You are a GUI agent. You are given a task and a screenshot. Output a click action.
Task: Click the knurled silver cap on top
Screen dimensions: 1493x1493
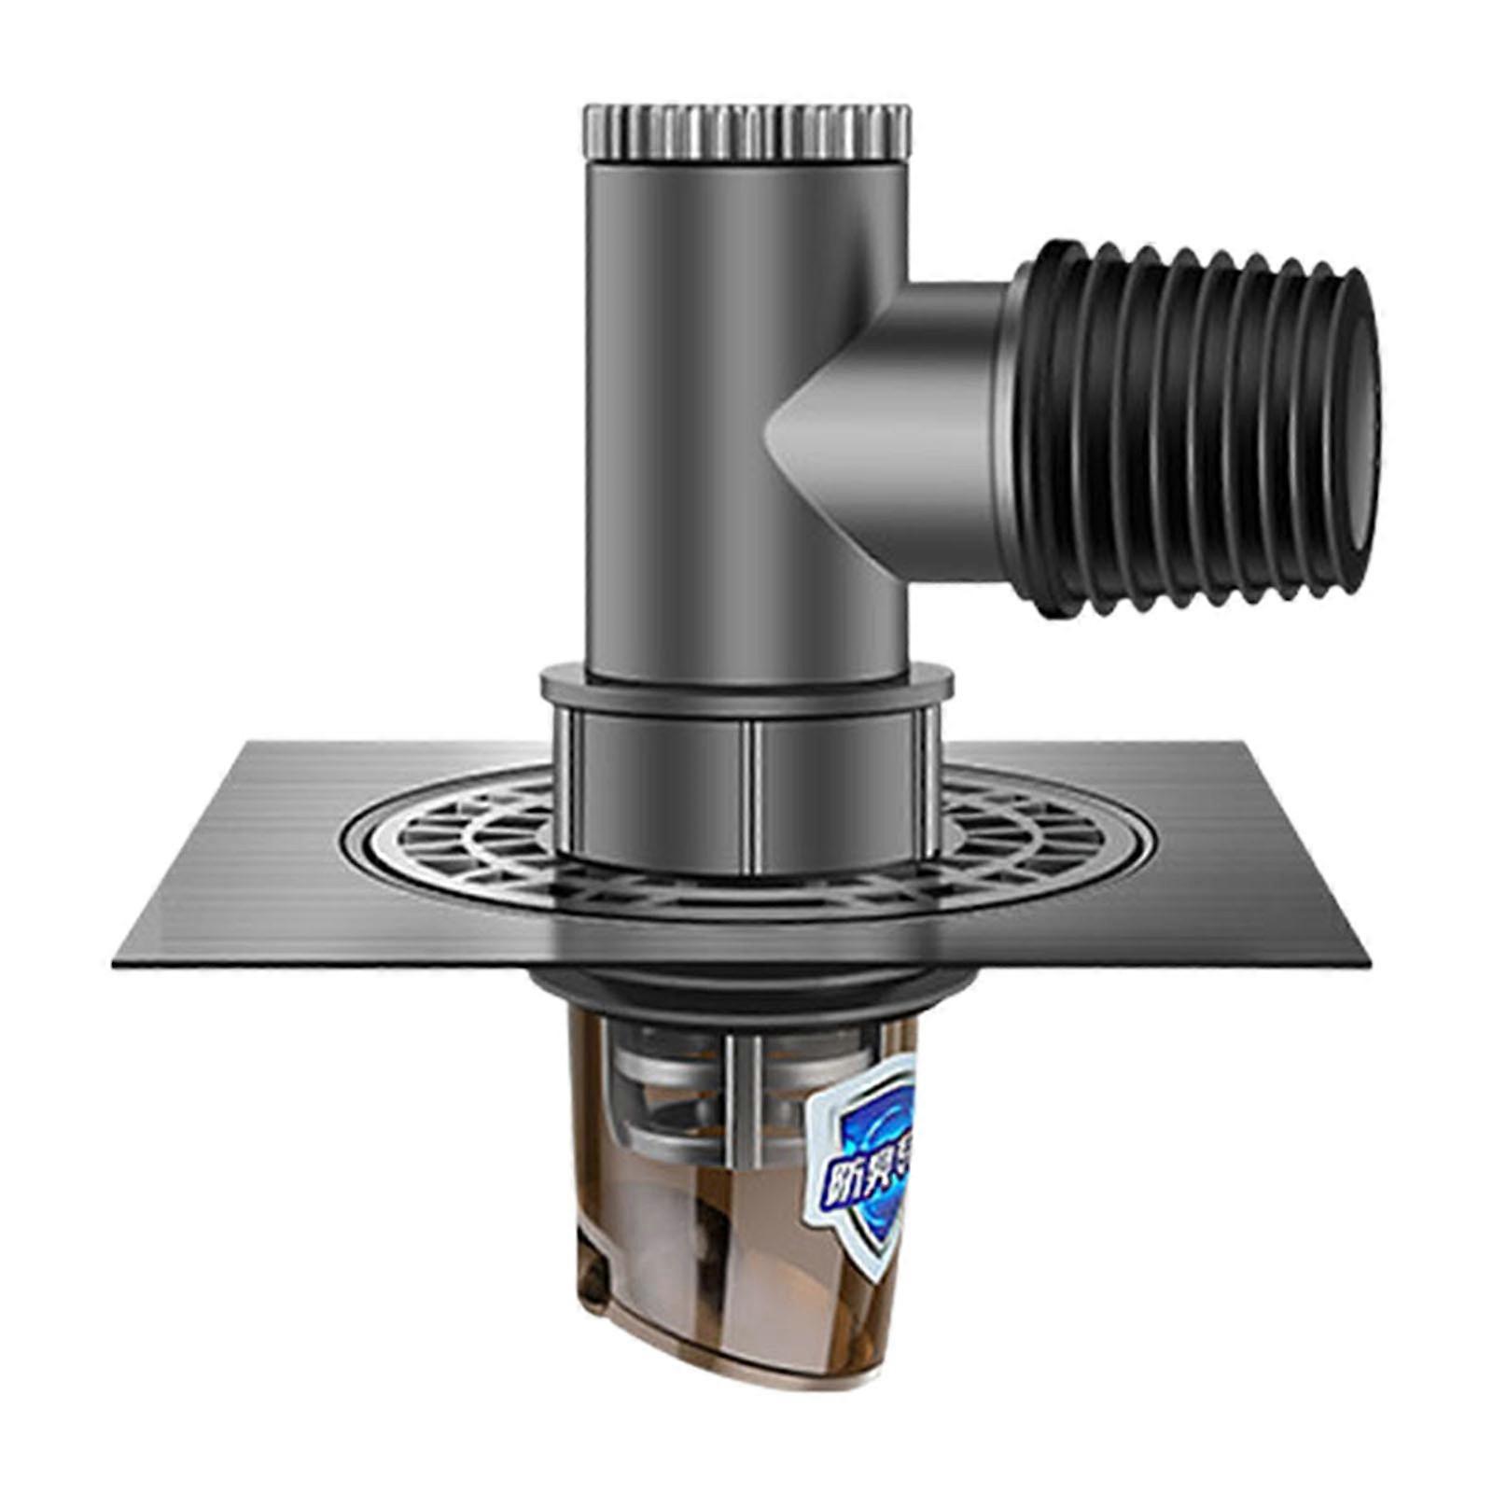[x=746, y=132]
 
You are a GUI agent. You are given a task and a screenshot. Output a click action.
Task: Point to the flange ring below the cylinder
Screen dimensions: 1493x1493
[x=746, y=686]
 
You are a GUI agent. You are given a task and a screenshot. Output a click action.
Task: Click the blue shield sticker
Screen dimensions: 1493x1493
[x=863, y=1166]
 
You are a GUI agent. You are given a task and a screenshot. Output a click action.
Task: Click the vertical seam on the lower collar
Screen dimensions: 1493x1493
[x=752, y=793]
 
